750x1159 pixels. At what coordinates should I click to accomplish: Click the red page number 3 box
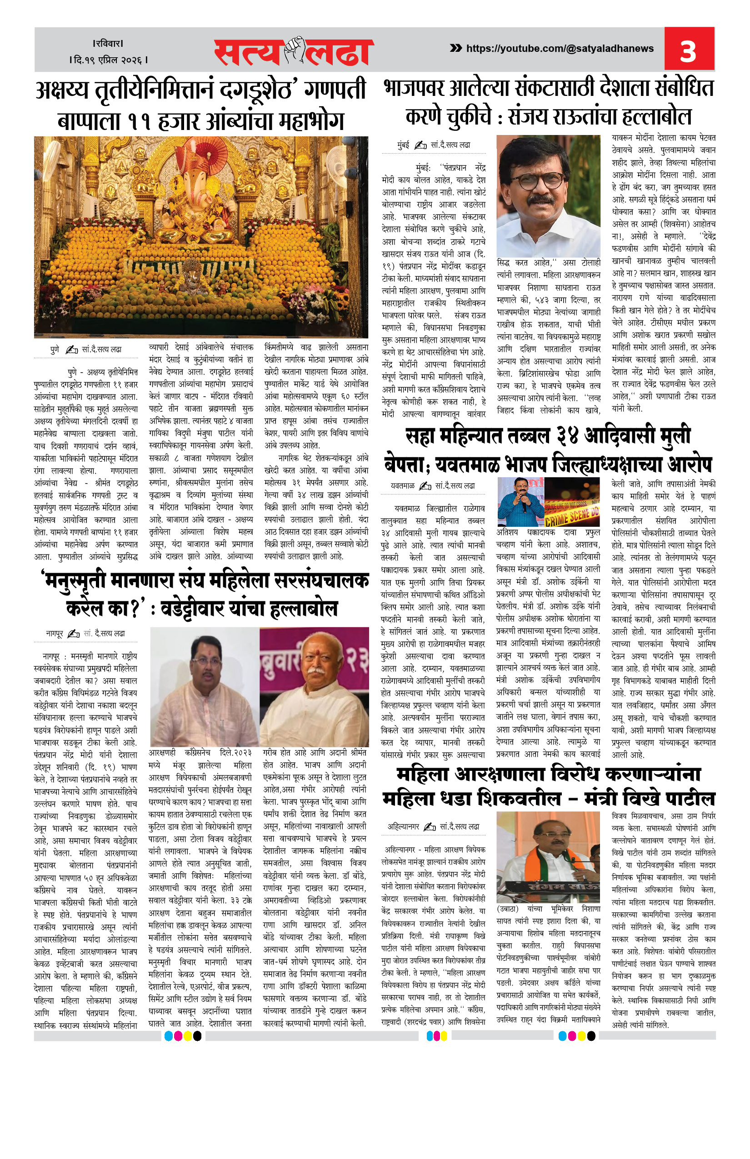pyautogui.click(x=689, y=49)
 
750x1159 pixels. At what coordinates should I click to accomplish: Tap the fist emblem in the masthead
pyautogui.click(x=294, y=50)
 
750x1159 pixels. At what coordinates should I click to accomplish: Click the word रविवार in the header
pyautogui.click(x=108, y=44)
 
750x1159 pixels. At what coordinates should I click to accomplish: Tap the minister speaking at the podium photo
pyautogui.click(x=547, y=864)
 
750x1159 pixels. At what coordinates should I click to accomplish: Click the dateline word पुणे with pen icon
pyautogui.click(x=55, y=350)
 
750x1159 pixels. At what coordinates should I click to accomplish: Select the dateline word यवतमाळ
pyautogui.click(x=402, y=485)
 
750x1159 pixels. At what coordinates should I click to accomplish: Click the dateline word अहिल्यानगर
pyautogui.click(x=403, y=826)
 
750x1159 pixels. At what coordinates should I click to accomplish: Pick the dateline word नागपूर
pyautogui.click(x=55, y=633)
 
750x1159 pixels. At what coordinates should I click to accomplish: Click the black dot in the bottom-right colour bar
pyautogui.click(x=591, y=1036)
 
